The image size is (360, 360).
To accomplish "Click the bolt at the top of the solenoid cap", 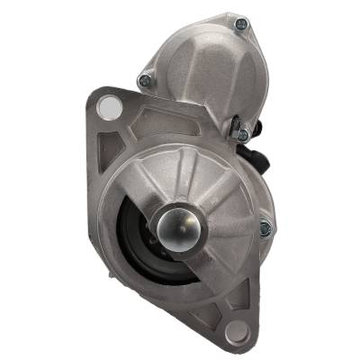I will point(239,24).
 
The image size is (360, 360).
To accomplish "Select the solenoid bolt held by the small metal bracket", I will point(241,134).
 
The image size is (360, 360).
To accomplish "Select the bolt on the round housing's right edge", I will point(264,228).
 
